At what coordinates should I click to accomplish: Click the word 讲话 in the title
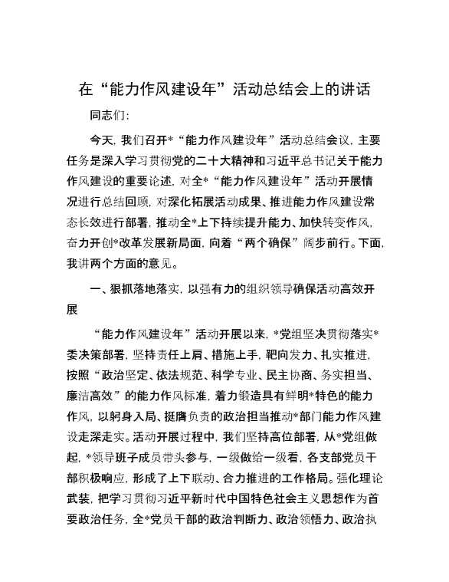(x=355, y=90)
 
